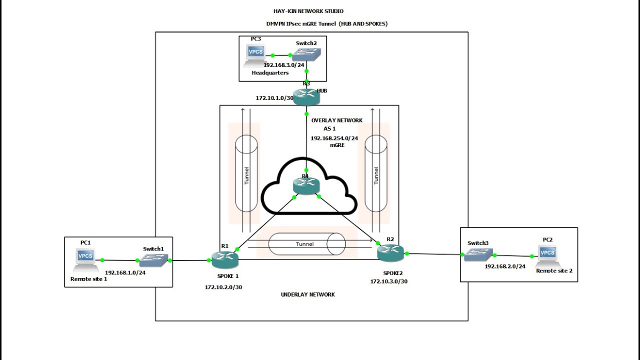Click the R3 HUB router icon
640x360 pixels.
click(306, 96)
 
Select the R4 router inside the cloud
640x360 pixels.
click(306, 186)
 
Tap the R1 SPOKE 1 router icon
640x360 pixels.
click(224, 259)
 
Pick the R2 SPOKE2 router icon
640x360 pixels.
click(390, 253)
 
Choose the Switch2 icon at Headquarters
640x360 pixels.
click(306, 54)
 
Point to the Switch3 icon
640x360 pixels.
click(478, 255)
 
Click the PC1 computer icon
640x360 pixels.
click(85, 257)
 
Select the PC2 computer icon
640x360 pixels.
click(547, 254)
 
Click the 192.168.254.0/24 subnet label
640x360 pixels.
click(334, 138)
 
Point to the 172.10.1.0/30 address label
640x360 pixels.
click(274, 98)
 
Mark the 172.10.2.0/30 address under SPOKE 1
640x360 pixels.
click(223, 287)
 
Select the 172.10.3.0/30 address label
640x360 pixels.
click(388, 281)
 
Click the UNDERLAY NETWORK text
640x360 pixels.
click(308, 294)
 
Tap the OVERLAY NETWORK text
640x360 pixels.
click(337, 120)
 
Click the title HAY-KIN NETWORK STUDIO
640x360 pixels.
click(308, 11)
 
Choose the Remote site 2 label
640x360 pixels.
click(554, 270)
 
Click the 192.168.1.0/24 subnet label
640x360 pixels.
click(125, 272)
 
